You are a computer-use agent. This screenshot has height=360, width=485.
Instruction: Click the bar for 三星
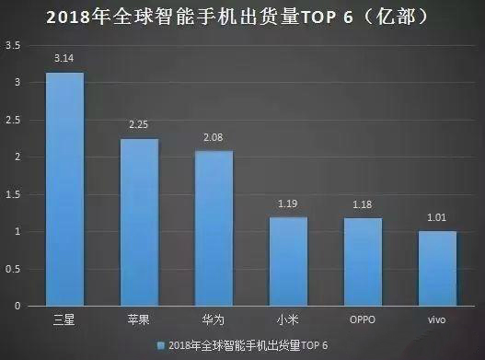[65, 189]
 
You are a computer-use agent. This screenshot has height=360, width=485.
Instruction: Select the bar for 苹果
[140, 222]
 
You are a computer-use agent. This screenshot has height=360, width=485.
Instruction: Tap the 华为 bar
[214, 227]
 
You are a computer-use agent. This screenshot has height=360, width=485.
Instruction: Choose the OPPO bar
[364, 261]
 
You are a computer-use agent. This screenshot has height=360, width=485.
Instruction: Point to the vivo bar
[438, 268]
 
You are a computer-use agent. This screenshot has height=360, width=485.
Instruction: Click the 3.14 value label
[65, 59]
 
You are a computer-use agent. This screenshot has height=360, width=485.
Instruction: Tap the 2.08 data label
[214, 137]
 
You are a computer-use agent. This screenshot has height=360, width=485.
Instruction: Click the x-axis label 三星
[65, 321]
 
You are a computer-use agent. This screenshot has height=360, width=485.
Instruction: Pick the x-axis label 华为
[214, 321]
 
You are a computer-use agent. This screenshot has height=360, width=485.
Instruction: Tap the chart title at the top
[242, 16]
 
